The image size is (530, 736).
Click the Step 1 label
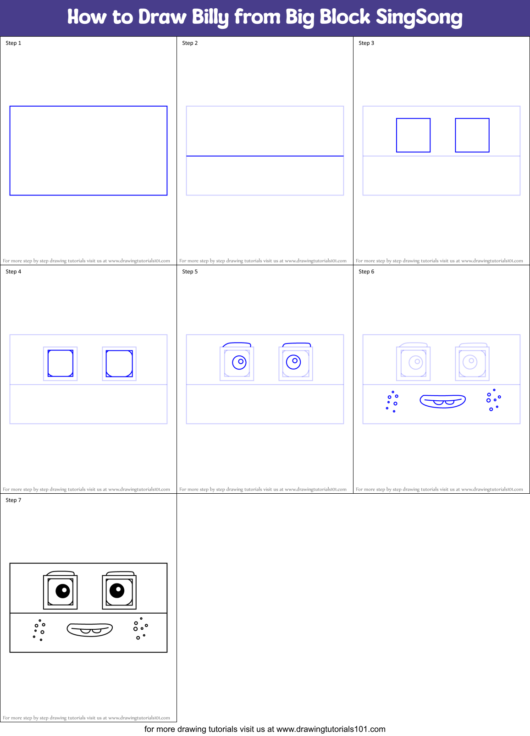click(13, 43)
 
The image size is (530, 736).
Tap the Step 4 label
click(13, 272)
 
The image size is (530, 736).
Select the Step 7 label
click(13, 500)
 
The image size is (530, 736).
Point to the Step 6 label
click(366, 272)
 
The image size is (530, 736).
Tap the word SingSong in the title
click(419, 17)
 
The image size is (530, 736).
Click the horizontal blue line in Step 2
click(265, 156)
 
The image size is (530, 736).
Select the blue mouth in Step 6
click(443, 401)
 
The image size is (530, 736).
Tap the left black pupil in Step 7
click(63, 591)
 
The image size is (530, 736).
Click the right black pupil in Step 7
click(117, 590)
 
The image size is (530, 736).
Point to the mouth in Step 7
click(90, 629)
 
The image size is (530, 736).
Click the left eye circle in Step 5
click(239, 362)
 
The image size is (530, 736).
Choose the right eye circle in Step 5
click(293, 362)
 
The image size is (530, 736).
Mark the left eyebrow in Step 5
click(237, 343)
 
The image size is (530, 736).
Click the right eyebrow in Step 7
click(121, 572)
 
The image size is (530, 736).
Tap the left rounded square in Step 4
click(61, 364)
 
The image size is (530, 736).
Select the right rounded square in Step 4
click(119, 364)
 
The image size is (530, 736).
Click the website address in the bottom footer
click(331, 729)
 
